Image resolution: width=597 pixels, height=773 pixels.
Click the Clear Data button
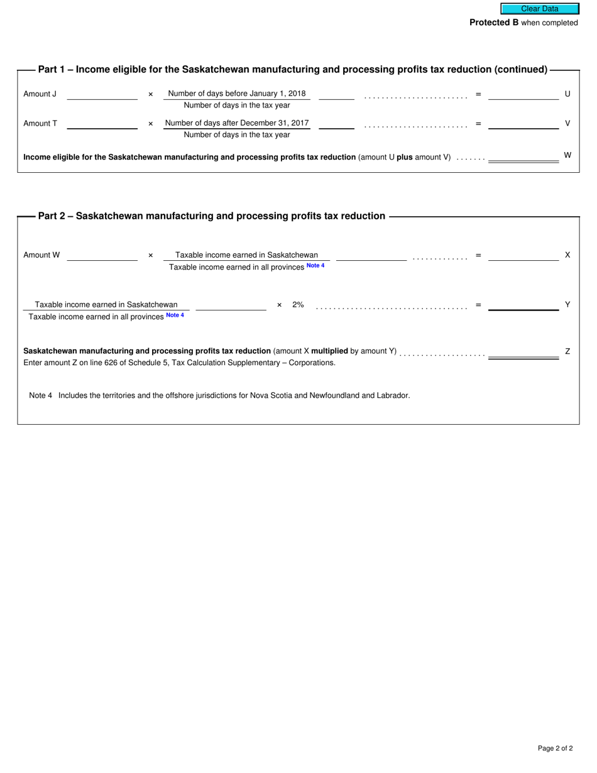point(539,9)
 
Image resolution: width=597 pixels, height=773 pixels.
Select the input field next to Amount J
point(102,94)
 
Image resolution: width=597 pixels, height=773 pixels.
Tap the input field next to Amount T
point(102,123)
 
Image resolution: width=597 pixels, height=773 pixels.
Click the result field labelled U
point(523,94)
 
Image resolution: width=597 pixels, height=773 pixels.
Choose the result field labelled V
point(523,123)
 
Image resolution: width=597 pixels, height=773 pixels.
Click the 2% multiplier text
point(298,305)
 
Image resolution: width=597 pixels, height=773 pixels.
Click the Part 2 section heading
point(212,216)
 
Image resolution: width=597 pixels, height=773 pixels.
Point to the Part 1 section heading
point(292,70)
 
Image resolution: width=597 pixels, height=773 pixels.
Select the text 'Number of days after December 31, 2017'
point(237,123)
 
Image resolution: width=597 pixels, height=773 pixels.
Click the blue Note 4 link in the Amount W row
point(315,266)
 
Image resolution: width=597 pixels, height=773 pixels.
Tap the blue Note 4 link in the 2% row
point(175,315)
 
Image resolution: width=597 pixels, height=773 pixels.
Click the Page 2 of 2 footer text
point(555,748)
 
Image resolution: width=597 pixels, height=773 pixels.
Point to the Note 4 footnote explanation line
point(219,396)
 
